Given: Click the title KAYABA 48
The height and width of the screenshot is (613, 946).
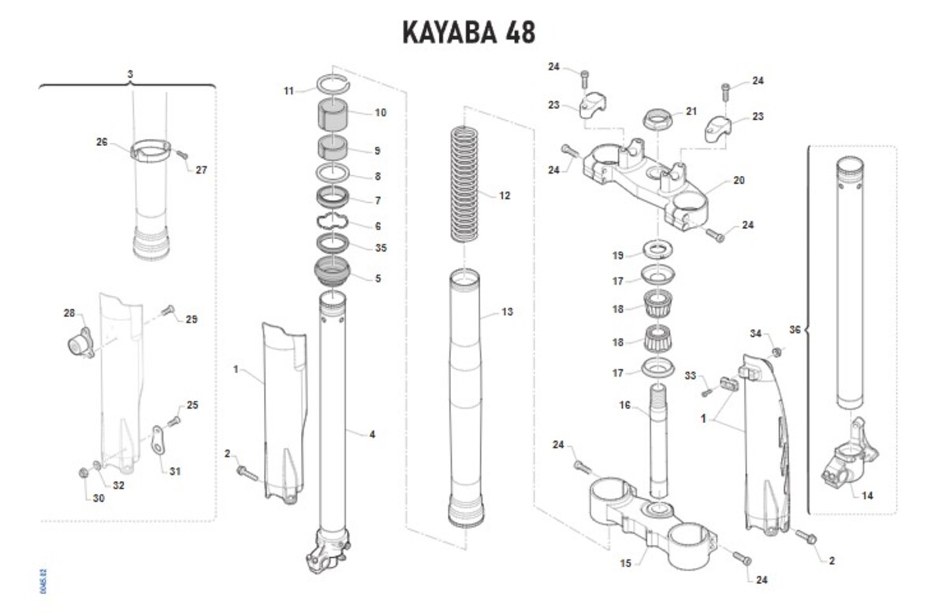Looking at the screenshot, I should click(x=468, y=32).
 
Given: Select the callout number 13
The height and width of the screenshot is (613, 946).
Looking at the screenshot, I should click(x=507, y=312).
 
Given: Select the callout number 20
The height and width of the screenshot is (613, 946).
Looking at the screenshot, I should click(x=738, y=181).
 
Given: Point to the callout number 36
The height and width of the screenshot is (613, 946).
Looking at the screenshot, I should click(x=795, y=329).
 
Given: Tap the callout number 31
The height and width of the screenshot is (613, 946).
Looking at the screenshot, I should click(x=175, y=472).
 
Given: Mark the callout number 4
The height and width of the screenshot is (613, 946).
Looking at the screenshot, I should click(x=371, y=434).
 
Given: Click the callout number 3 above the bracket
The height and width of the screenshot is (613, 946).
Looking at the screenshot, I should click(x=130, y=73).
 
